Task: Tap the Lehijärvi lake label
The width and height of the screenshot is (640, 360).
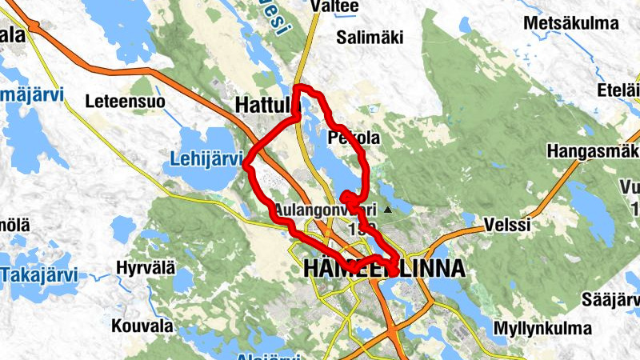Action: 206,160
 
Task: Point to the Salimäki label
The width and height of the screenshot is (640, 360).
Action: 370,37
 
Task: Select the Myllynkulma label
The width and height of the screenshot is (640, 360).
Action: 542,329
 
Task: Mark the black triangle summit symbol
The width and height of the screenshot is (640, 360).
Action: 388,210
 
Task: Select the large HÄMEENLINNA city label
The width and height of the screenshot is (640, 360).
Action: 384,270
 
